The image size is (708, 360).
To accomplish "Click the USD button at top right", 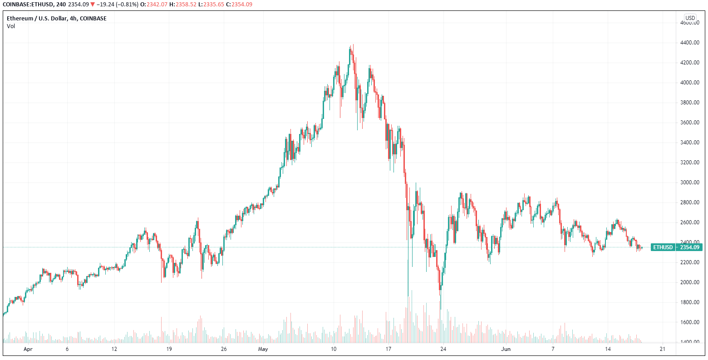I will [x=690, y=18].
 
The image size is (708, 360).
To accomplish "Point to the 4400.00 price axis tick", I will [x=689, y=43].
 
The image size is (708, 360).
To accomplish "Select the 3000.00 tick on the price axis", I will [x=689, y=182].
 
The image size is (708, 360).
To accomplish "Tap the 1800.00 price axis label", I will [x=689, y=302].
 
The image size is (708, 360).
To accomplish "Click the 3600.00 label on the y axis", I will [x=689, y=123].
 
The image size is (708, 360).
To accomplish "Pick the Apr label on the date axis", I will [x=28, y=349].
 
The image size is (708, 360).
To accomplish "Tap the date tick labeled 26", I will [x=224, y=349].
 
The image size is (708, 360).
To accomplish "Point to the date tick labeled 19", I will [x=169, y=349].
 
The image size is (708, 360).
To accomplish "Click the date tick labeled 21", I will [x=662, y=349].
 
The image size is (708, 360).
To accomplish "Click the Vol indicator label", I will [x=11, y=26].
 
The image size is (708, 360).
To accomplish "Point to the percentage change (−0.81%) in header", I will [x=125, y=5].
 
